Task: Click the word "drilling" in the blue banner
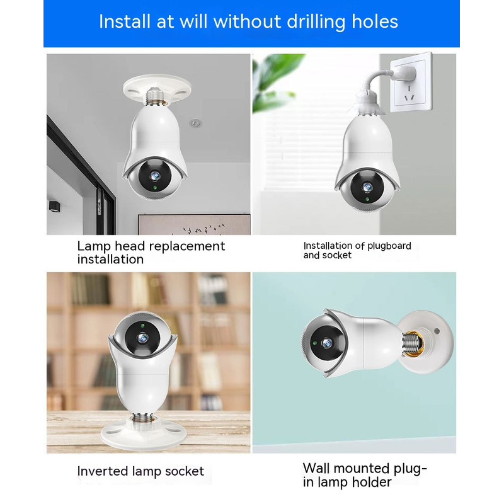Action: tap(316, 22)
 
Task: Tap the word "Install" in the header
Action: tap(125, 21)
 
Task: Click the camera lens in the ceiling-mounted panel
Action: tap(155, 176)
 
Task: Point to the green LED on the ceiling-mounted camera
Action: tap(155, 187)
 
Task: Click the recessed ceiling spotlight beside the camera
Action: tap(195, 122)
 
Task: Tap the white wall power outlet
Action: tap(411, 83)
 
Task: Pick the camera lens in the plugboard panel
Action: tap(367, 187)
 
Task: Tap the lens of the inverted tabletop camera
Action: tap(142, 338)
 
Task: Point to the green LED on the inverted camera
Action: tap(142, 326)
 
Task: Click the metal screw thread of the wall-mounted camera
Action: tap(412, 344)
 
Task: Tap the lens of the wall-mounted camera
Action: tap(327, 343)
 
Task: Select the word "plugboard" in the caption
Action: tap(389, 246)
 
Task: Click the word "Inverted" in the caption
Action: tap(103, 471)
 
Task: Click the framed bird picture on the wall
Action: tap(194, 224)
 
